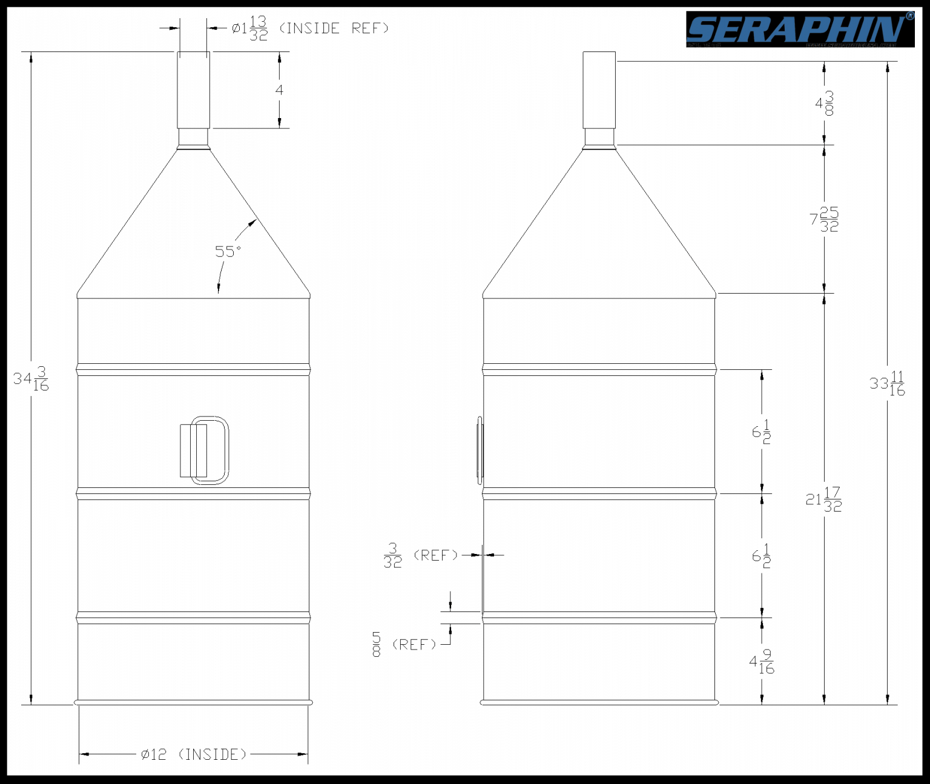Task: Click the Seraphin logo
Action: click(x=799, y=30)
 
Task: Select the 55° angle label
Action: click(x=228, y=251)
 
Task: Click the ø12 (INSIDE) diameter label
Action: click(x=194, y=754)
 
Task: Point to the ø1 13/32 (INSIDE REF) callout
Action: click(x=309, y=28)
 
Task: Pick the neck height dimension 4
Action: click(x=279, y=90)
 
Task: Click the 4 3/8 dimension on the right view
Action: click(x=825, y=103)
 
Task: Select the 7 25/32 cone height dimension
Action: click(x=825, y=219)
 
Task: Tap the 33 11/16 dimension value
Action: click(x=888, y=383)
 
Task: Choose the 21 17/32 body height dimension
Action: click(x=824, y=499)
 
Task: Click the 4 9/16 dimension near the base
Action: click(x=762, y=662)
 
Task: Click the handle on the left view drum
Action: click(x=205, y=450)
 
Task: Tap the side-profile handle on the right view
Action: click(x=480, y=450)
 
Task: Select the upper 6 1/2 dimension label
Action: click(x=762, y=432)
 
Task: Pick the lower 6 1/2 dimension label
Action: click(x=762, y=556)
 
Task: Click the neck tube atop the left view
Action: click(x=193, y=90)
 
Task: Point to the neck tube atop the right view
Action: click(x=599, y=90)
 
